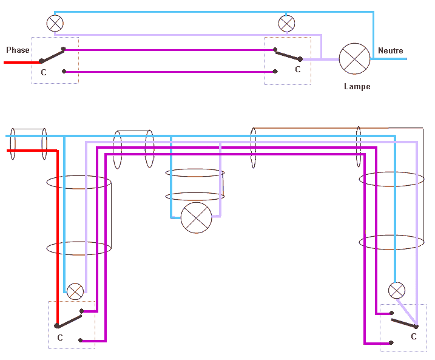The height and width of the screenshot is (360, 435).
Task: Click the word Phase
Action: (18, 50)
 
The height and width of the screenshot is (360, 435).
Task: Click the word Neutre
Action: (390, 51)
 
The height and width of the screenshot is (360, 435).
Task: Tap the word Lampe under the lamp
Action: (357, 87)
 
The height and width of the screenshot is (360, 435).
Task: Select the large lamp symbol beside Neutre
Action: (354, 58)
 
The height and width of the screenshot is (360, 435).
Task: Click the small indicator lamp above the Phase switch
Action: (55, 24)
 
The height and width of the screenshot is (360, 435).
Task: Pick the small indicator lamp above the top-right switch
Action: (286, 24)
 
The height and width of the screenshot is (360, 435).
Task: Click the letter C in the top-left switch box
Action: (43, 73)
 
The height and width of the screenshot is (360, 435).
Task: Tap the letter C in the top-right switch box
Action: (297, 70)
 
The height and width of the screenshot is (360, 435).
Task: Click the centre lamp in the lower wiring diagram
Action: (197, 217)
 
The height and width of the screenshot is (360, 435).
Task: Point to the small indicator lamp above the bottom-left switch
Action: (75, 291)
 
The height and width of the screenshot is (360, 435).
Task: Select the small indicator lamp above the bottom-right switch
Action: (397, 290)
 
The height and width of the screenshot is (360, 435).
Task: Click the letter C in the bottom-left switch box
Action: (59, 338)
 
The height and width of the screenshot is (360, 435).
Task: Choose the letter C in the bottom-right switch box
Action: (414, 336)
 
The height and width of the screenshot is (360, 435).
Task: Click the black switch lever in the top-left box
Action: (53, 55)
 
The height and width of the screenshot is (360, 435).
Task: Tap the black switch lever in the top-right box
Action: (288, 55)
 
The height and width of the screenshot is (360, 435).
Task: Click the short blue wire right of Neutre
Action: (391, 59)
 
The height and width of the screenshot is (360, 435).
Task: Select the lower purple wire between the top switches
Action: (170, 72)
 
